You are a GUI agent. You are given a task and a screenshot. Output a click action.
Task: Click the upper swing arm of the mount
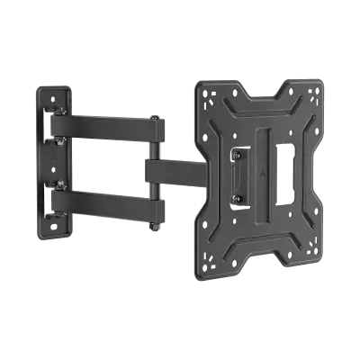(x=103, y=122)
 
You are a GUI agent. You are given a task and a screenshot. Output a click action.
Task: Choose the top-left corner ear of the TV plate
(x=208, y=91)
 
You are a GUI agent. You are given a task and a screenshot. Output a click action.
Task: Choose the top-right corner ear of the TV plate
(x=310, y=91)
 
